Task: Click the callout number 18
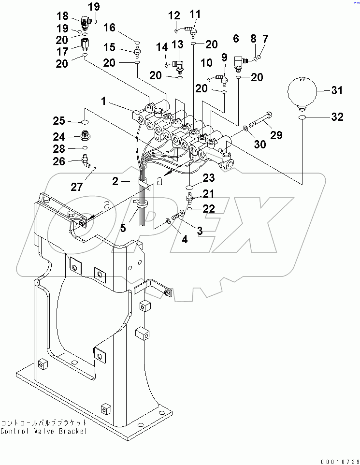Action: point(62,16)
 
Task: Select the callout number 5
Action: point(123,227)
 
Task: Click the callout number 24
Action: point(58,136)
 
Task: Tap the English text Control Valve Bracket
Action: point(43,431)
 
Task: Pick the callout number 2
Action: point(115,181)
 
